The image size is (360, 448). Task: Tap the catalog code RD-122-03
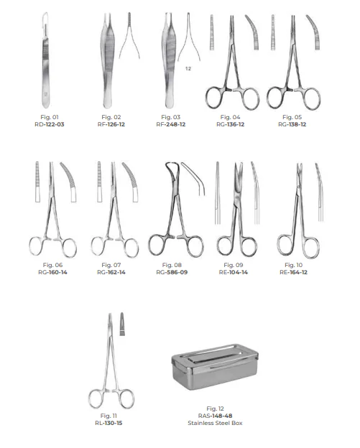click(50, 125)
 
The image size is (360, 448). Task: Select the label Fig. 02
click(111, 117)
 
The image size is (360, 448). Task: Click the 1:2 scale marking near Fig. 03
click(188, 69)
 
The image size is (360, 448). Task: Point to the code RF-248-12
click(171, 125)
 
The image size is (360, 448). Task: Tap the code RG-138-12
click(292, 125)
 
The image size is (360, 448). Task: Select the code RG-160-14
click(52, 272)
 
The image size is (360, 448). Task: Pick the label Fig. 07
click(111, 265)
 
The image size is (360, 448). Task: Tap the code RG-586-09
click(172, 272)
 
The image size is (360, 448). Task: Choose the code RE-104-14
click(234, 272)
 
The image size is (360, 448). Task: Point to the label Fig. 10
click(294, 265)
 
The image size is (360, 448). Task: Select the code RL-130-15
click(109, 423)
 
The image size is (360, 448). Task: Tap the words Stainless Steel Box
click(215, 423)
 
